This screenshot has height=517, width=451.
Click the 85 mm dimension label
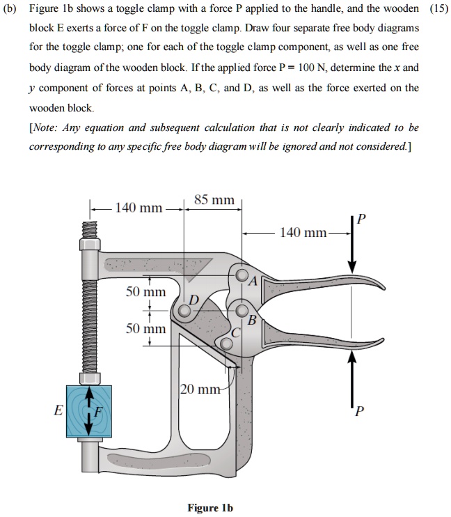click(x=214, y=200)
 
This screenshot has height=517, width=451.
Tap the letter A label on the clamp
click(x=253, y=281)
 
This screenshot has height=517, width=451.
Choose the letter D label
click(x=194, y=300)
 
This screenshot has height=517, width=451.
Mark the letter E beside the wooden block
click(x=58, y=410)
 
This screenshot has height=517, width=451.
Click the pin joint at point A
click(x=242, y=277)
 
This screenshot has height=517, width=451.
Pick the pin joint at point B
click(x=242, y=310)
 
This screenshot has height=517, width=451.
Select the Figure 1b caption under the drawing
click(x=210, y=507)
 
